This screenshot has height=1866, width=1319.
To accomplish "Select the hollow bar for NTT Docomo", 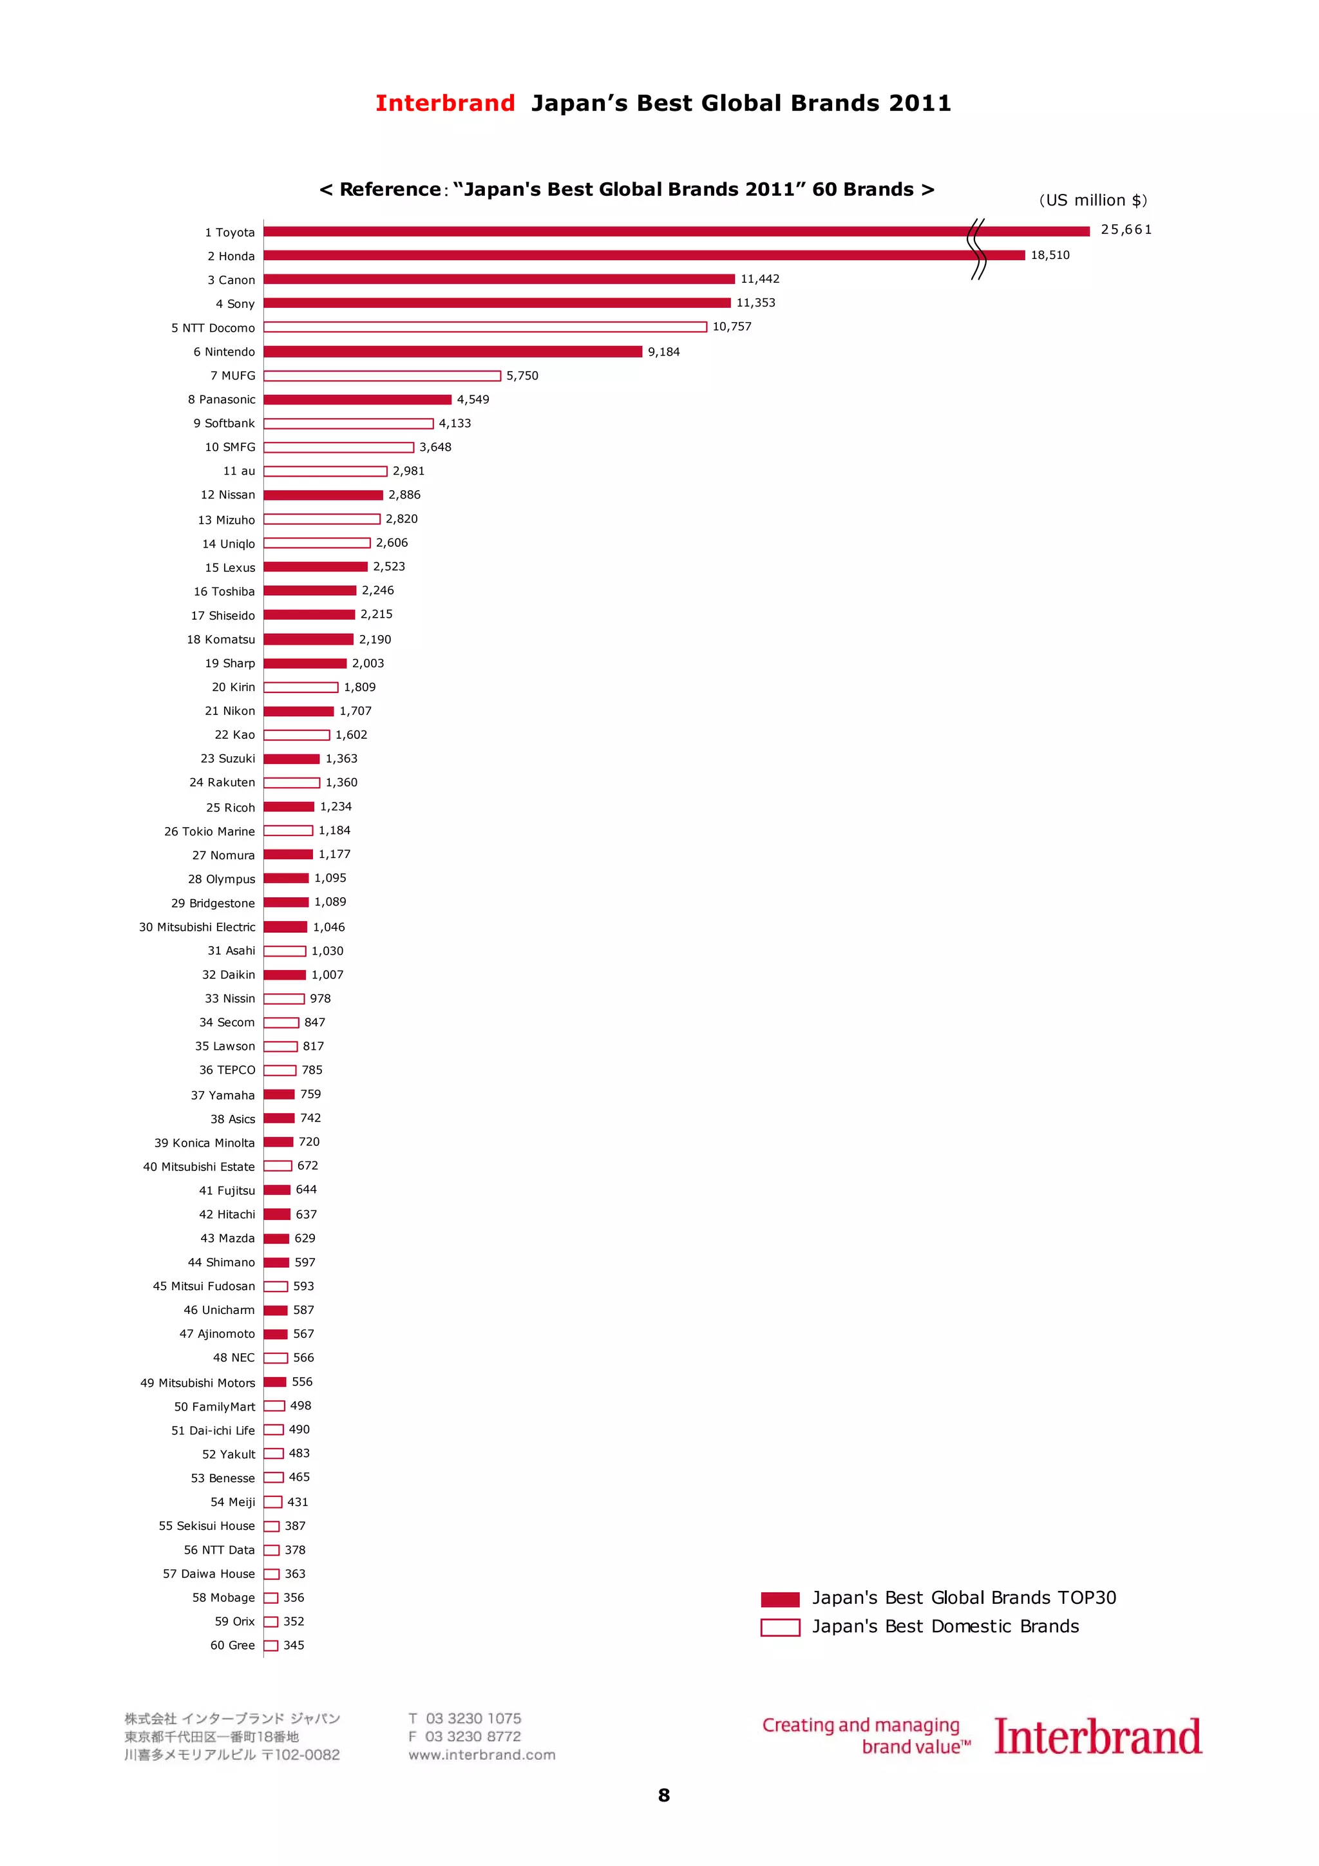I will click(x=484, y=327).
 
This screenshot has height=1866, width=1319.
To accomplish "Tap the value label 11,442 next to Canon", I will click(x=759, y=279).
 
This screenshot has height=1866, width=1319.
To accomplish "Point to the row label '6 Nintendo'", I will click(x=223, y=352).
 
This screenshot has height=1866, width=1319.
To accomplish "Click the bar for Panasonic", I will click(x=357, y=399).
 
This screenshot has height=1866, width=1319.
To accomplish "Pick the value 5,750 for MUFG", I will click(x=522, y=376).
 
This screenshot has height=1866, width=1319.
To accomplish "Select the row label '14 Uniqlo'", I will click(x=229, y=544).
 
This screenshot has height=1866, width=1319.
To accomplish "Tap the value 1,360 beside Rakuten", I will click(x=341, y=783).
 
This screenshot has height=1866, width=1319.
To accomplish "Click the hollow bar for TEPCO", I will click(x=280, y=1071).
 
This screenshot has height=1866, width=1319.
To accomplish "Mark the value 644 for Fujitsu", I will click(x=307, y=1190).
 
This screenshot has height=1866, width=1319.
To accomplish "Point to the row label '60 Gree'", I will click(x=232, y=1646).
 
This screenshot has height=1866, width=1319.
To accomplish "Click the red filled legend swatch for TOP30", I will click(x=779, y=1599).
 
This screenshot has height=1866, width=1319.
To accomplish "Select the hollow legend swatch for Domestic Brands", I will click(x=779, y=1628).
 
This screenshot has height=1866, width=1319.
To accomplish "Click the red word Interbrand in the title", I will click(x=444, y=103).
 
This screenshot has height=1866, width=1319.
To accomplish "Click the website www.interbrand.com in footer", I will click(x=482, y=1755).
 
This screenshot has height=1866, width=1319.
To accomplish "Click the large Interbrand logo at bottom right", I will click(x=1097, y=1738).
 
